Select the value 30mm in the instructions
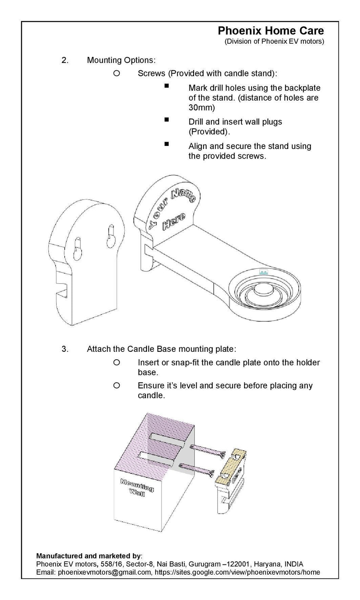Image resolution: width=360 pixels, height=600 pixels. [201, 108]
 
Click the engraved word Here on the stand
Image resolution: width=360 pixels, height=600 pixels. [173, 223]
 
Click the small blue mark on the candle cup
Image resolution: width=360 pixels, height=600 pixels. [264, 272]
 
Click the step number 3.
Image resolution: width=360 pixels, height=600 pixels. [65, 349]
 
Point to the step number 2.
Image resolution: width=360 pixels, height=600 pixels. [65, 60]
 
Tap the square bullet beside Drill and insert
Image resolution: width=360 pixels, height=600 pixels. [167, 120]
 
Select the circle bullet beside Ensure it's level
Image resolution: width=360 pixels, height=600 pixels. [117, 385]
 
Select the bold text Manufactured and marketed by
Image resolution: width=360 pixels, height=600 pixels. [88, 556]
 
